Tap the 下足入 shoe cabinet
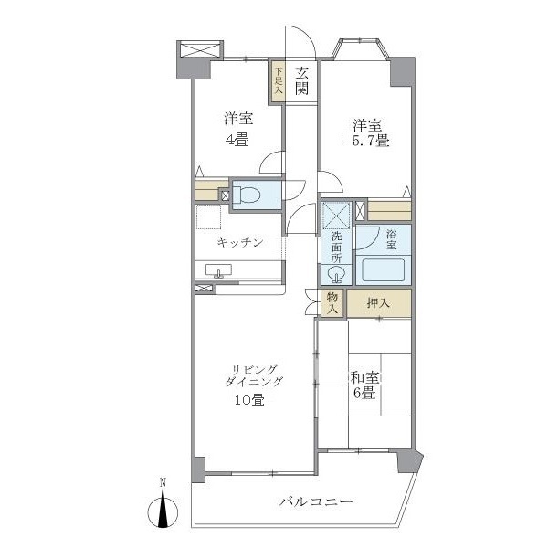(277, 80)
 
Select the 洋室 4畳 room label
(238, 129)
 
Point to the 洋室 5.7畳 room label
(365, 132)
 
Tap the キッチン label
(240, 242)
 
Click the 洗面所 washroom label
(336, 246)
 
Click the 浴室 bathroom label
(391, 239)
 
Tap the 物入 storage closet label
(332, 303)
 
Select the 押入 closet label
(378, 303)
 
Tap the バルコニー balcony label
(315, 502)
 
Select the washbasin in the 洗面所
(332, 274)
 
